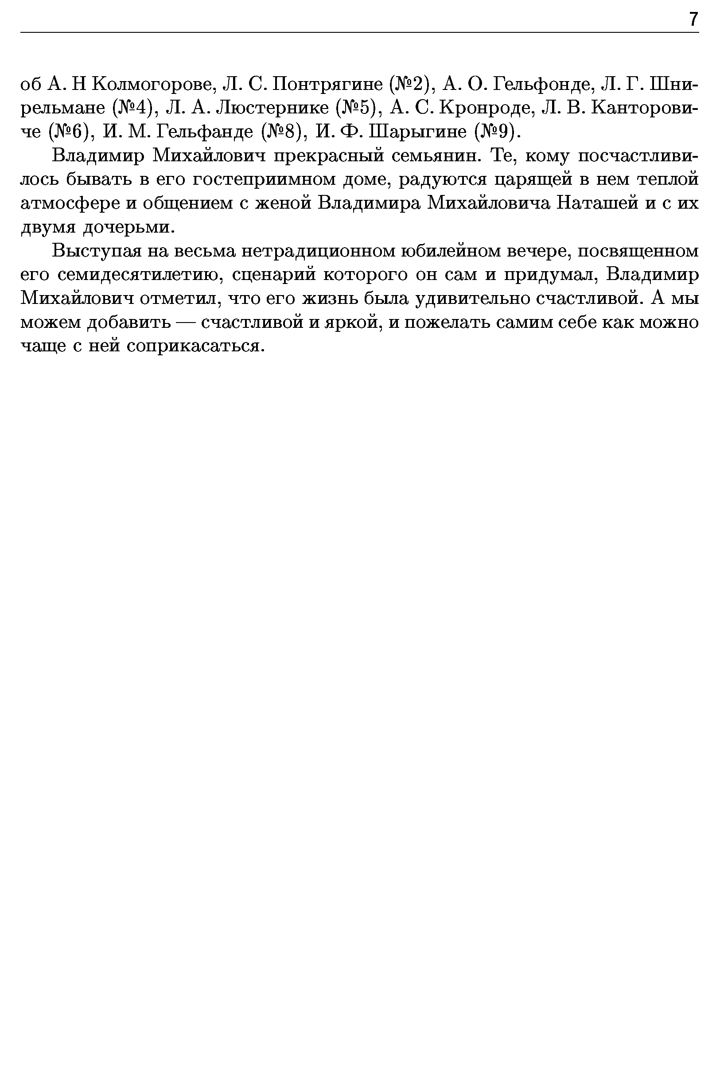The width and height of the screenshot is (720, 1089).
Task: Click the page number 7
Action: (693, 20)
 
